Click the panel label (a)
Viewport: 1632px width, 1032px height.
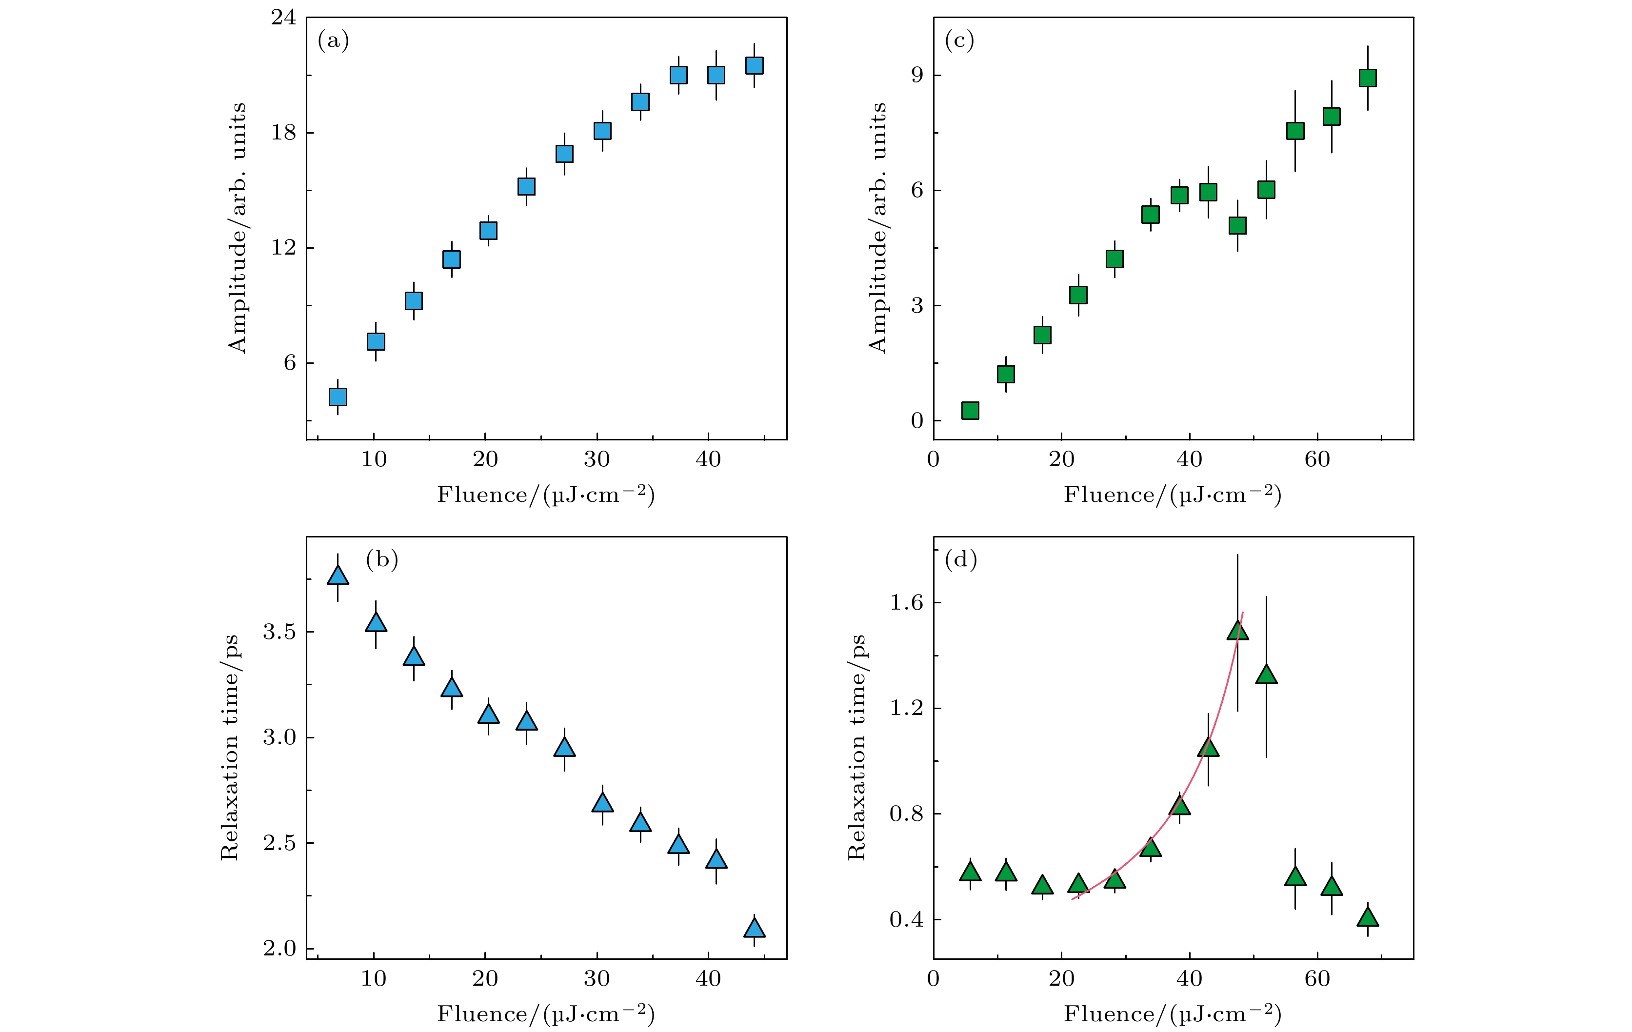pyautogui.click(x=333, y=42)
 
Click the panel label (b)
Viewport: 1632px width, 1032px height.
pyautogui.click(x=381, y=560)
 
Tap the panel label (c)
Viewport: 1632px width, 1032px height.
pyautogui.click(x=959, y=42)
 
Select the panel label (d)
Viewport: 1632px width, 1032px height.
pyautogui.click(x=960, y=560)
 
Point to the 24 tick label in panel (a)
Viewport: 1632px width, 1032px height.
pyautogui.click(x=283, y=18)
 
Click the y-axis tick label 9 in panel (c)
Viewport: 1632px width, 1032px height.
pyautogui.click(x=917, y=75)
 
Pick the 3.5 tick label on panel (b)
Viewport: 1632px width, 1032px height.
pyautogui.click(x=279, y=632)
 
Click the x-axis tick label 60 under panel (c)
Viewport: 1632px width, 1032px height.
pyautogui.click(x=1317, y=460)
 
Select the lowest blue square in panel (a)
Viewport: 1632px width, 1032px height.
pyautogui.click(x=338, y=397)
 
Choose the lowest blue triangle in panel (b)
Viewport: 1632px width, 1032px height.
pyautogui.click(x=755, y=928)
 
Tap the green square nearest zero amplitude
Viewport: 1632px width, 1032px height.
pyautogui.click(x=970, y=411)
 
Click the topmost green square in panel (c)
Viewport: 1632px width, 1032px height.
pyautogui.click(x=1368, y=79)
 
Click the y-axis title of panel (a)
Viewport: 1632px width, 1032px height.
pyautogui.click(x=237, y=228)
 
